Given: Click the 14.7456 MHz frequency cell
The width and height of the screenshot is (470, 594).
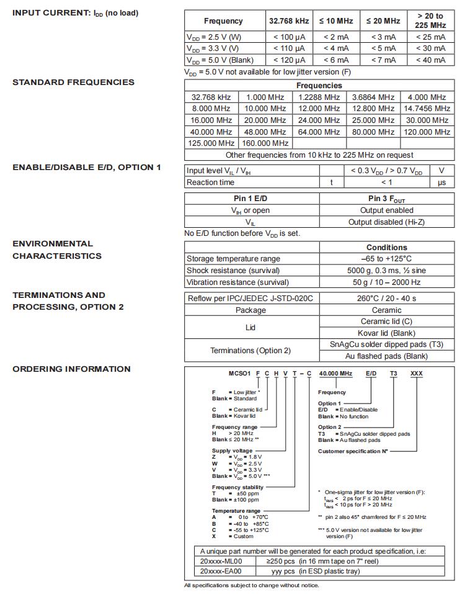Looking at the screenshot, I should coord(427,108).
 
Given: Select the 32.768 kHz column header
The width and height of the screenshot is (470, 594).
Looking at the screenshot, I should coord(288,21).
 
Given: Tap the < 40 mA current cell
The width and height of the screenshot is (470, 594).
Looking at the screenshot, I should coord(430,60).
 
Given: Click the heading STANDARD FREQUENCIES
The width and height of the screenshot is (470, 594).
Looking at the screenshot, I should coord(73,82).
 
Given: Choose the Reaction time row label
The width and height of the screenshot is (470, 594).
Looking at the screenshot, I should coord(211,182).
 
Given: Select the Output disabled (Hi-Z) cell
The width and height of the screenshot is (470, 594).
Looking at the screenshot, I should coord(386,222).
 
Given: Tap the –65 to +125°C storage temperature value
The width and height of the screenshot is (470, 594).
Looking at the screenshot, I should coord(386,259).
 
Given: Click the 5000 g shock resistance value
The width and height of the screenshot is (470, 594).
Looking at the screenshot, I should coord(386,271).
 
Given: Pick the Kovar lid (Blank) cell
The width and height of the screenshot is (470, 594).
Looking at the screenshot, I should coord(386,333).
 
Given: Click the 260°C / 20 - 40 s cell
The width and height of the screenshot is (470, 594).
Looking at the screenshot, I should coord(386,299).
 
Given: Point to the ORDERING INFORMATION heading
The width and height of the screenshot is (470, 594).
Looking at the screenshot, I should coord(71,369).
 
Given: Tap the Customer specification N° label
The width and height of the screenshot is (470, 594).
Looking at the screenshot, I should coord(353,451).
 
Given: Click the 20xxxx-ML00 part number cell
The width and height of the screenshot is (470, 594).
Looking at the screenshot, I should coord(222,561).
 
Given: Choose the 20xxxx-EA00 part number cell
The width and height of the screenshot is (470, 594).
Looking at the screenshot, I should coord(222,572).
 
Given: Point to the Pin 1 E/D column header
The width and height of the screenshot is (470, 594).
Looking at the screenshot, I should coord(252,199).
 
